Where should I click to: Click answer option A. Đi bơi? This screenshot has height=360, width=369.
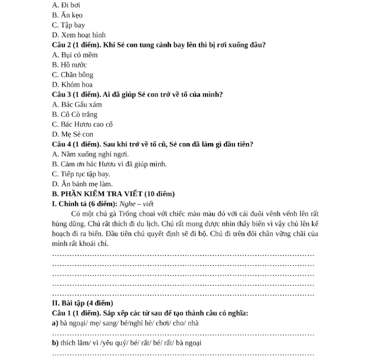(66, 5)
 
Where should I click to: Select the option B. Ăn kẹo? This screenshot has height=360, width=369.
(67, 15)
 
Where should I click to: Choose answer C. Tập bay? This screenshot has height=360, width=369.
(68, 25)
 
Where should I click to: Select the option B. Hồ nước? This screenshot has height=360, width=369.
(69, 65)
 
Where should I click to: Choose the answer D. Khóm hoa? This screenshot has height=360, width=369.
(73, 85)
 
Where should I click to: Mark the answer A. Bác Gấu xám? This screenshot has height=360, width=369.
(77, 105)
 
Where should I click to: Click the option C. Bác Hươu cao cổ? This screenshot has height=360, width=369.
(83, 125)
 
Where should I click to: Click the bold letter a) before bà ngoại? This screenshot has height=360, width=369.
(55, 324)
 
